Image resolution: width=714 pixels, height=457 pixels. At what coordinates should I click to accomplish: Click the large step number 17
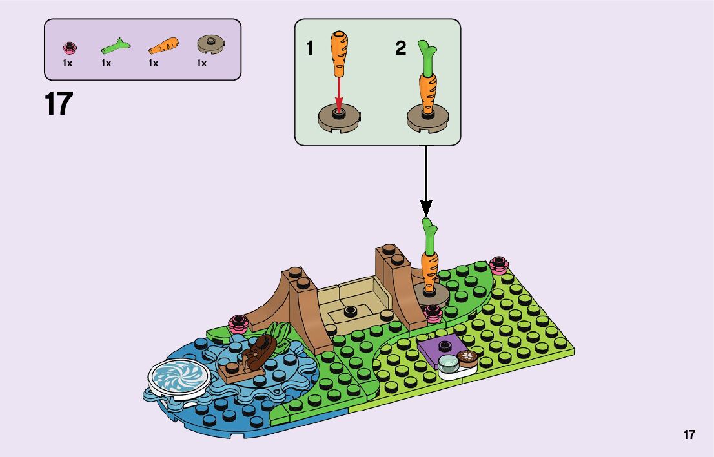59,103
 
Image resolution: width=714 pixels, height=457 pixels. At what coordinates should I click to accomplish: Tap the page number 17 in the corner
689,434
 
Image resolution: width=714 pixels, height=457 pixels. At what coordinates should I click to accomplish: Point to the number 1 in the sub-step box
310,48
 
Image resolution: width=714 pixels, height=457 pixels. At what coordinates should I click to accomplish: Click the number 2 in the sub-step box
401,48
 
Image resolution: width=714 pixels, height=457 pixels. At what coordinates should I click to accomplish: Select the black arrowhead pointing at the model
425,207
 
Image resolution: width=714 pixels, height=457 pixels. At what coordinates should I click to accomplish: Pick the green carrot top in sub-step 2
425,57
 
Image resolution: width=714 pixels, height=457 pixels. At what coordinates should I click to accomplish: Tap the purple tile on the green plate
439,350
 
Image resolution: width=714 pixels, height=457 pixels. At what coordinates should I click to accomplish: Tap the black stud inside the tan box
351,311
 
